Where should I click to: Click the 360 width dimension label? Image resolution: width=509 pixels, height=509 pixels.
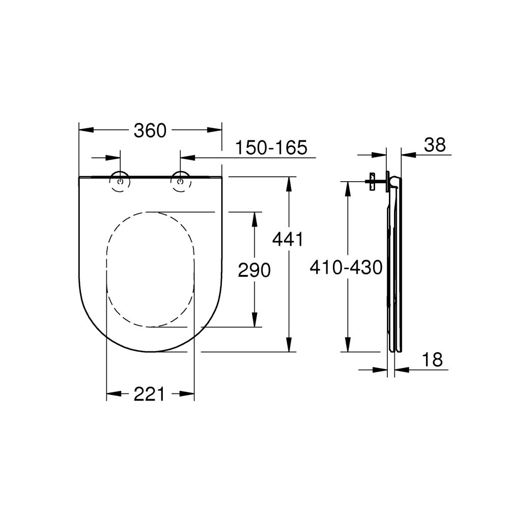coord(150,131)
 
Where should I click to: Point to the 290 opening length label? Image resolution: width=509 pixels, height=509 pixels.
coord(254,270)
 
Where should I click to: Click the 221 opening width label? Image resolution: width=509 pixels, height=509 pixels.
coord(150,393)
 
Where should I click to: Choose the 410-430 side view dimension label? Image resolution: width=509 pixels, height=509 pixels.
coord(346,267)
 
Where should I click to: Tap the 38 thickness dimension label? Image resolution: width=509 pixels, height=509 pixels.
coord(435,145)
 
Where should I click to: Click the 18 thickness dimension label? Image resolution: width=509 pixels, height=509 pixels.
coord(432,360)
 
